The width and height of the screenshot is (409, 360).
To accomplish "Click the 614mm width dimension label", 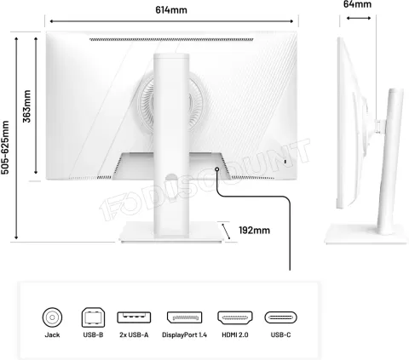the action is pyautogui.click(x=171, y=10).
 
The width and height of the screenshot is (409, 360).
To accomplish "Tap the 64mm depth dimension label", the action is pyautogui.click(x=357, y=4).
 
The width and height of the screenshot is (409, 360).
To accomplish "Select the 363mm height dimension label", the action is pyautogui.click(x=26, y=106).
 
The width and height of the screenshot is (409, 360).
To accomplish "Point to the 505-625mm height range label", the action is pyautogui.click(x=5, y=147).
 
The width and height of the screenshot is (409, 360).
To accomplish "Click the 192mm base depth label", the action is pyautogui.click(x=254, y=230).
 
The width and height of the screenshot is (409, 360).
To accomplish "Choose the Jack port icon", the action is pyautogui.click(x=52, y=317).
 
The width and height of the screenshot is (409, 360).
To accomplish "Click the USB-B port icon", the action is pyautogui.click(x=93, y=317).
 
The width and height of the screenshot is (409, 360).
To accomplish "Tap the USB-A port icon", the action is pyautogui.click(x=134, y=317).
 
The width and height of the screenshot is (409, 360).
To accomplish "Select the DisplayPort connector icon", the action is pyautogui.click(x=184, y=317).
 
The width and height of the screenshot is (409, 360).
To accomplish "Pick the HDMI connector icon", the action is pyautogui.click(x=235, y=317).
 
